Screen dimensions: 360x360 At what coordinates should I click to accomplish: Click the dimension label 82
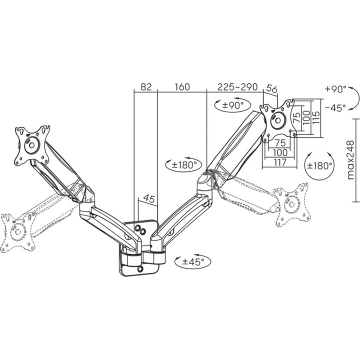click(146, 87)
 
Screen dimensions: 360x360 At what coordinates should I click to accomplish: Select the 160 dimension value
click(182, 87)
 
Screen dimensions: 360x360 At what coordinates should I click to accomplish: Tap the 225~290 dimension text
click(237, 87)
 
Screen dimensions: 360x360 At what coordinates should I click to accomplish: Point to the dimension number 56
click(272, 88)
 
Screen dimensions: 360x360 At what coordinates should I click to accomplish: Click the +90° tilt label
click(335, 89)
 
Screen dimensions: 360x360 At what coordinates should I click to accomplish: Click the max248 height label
click(351, 160)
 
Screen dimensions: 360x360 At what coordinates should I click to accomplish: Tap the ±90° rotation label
click(233, 105)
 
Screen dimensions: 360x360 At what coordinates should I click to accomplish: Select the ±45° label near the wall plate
click(193, 261)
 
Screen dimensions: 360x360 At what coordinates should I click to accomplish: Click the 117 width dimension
click(280, 162)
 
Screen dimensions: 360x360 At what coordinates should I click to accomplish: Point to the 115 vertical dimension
click(316, 117)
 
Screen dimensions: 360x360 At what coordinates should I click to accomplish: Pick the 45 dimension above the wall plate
click(149, 198)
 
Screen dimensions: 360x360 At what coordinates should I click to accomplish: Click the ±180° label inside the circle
click(319, 165)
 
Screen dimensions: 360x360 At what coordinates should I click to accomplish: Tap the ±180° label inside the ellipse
click(184, 164)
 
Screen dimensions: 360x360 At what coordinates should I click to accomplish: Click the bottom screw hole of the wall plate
click(140, 268)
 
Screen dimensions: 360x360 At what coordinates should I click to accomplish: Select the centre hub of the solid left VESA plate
click(32, 145)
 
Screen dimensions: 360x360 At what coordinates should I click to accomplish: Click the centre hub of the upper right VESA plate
click(278, 120)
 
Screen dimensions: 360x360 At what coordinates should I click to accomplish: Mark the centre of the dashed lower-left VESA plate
click(17, 232)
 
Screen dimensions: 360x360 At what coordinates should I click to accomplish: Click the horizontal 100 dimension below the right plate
click(280, 152)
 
